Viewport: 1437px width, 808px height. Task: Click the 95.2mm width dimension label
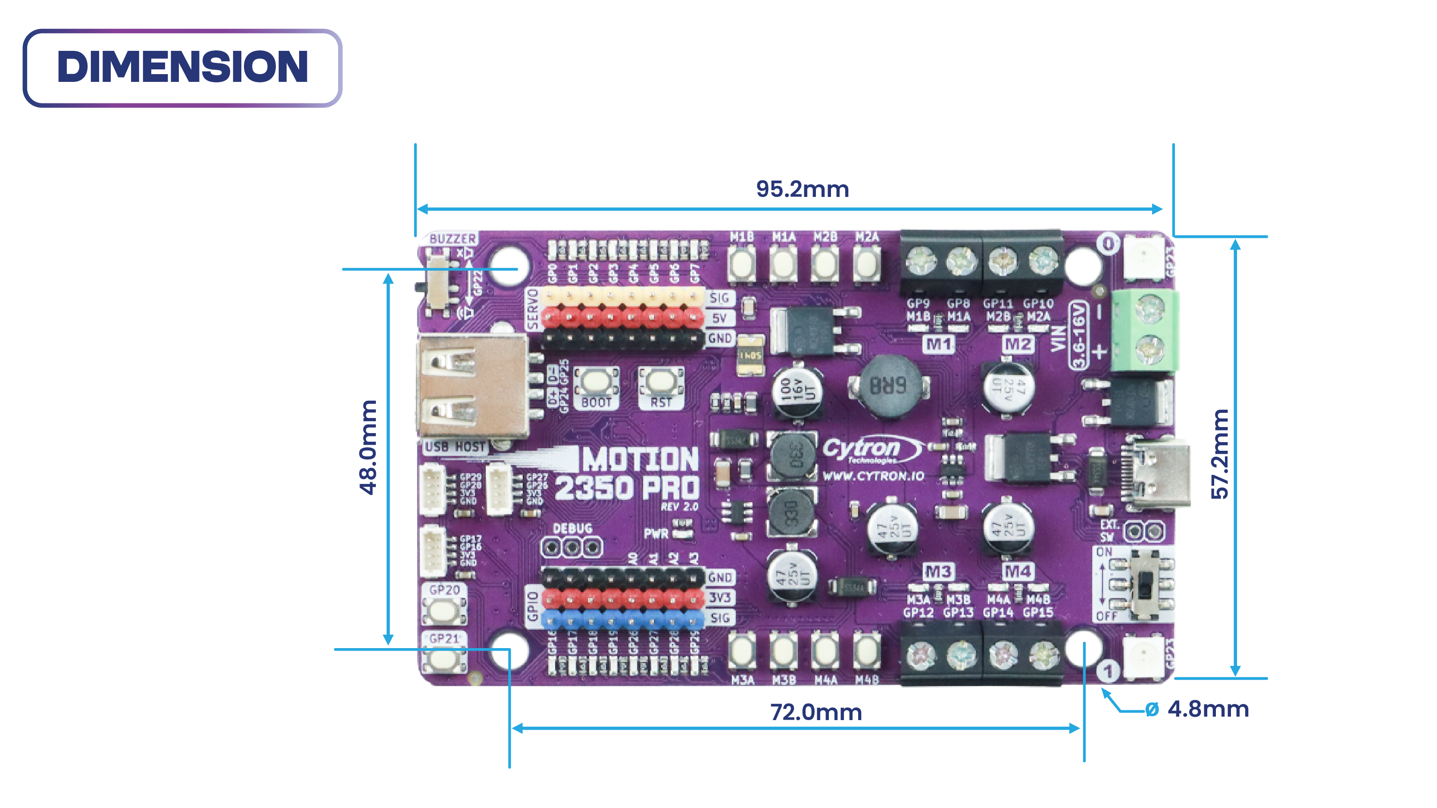(802, 189)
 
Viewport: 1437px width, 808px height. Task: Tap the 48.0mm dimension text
(368, 447)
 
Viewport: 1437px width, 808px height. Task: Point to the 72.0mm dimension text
(815, 712)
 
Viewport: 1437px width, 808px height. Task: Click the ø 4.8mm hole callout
(1196, 709)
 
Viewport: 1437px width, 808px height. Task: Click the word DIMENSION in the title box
(182, 67)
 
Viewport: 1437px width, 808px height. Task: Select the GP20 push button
(444, 609)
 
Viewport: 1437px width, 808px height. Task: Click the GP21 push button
(444, 658)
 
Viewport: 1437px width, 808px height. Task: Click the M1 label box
(938, 344)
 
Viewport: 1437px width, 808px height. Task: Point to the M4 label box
(1018, 571)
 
